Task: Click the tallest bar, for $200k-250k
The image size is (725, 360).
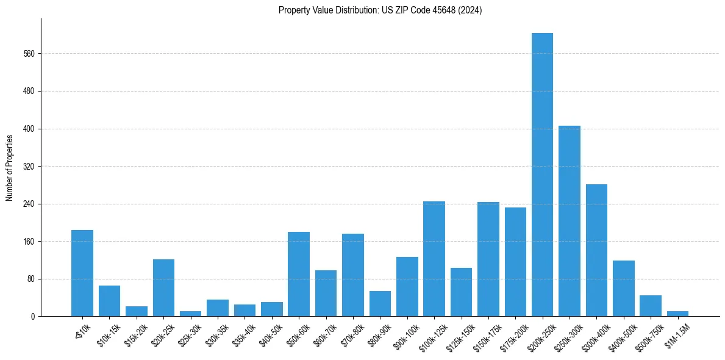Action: point(542,175)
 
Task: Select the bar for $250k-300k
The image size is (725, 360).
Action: point(570,221)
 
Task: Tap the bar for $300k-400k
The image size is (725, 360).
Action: point(596,250)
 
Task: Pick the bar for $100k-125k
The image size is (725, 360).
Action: point(434,259)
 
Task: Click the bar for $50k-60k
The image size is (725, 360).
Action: point(299,274)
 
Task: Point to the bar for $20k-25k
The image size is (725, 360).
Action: point(163,287)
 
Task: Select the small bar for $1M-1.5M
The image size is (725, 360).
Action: point(677,314)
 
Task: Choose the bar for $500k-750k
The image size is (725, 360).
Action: point(651,306)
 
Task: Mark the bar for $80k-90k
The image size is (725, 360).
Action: point(380,304)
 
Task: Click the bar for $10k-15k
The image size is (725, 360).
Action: point(109,301)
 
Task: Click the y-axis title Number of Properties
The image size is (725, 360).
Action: point(9,167)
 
